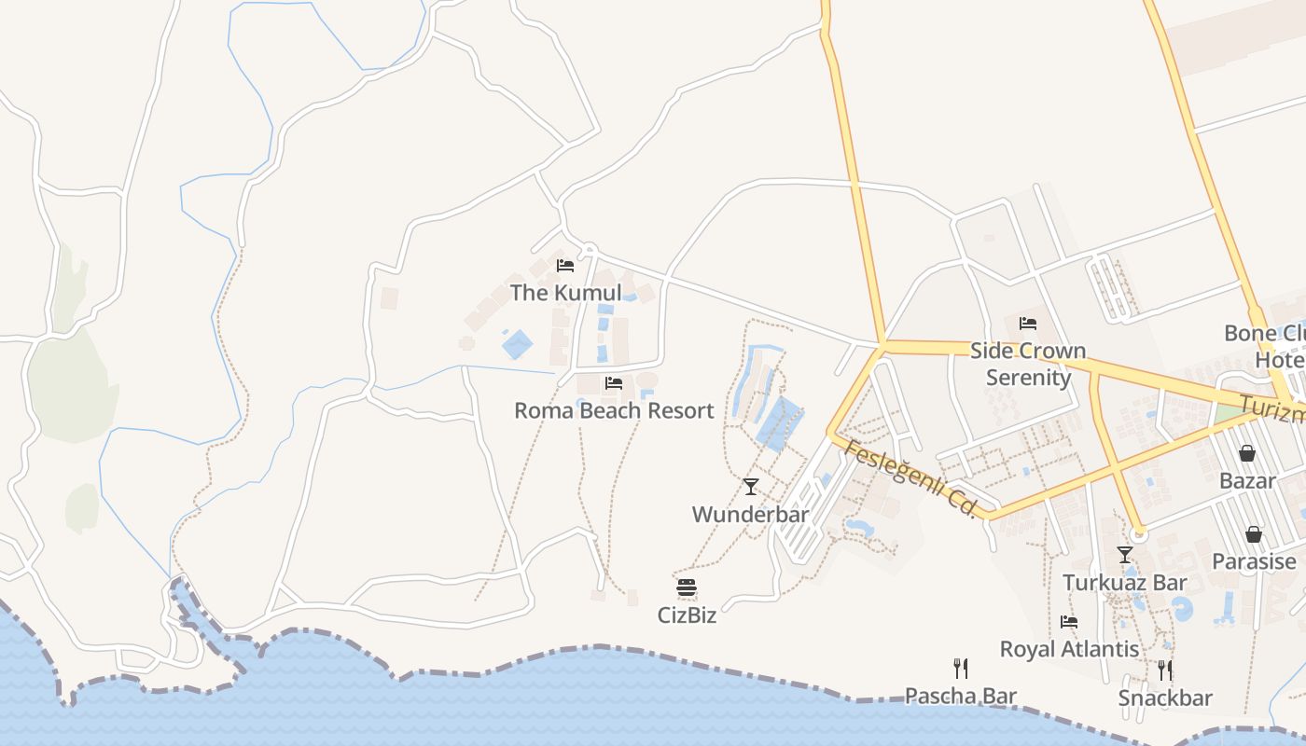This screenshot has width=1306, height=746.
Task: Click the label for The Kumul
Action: click(x=565, y=293)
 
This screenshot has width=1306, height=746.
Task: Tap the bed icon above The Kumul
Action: click(x=564, y=266)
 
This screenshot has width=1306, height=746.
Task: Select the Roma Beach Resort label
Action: click(x=614, y=410)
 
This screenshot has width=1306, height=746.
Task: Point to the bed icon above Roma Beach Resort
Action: click(x=613, y=383)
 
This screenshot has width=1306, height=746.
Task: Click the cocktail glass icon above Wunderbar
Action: click(x=751, y=487)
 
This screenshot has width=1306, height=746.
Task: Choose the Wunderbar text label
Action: click(x=750, y=514)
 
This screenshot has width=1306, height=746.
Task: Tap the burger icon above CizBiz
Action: click(x=687, y=587)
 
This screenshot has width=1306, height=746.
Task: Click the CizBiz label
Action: click(x=687, y=615)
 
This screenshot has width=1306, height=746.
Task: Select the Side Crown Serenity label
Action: click(x=1028, y=364)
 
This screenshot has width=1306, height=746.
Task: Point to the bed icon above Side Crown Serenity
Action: click(x=1028, y=324)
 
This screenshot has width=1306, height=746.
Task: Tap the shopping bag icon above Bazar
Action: click(x=1247, y=453)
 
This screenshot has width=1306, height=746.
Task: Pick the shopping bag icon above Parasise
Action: click(x=1254, y=534)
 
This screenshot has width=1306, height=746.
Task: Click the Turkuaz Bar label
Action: click(x=1125, y=583)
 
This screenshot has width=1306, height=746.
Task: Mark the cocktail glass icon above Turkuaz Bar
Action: click(x=1125, y=555)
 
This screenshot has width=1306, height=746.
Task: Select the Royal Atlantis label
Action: click(x=1069, y=649)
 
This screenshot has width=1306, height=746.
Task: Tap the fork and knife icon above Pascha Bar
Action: click(x=961, y=668)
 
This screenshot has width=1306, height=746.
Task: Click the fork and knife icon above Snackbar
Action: click(x=1165, y=670)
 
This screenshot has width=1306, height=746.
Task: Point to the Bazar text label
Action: click(x=1247, y=480)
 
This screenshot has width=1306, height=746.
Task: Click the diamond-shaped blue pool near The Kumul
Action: click(x=517, y=344)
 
